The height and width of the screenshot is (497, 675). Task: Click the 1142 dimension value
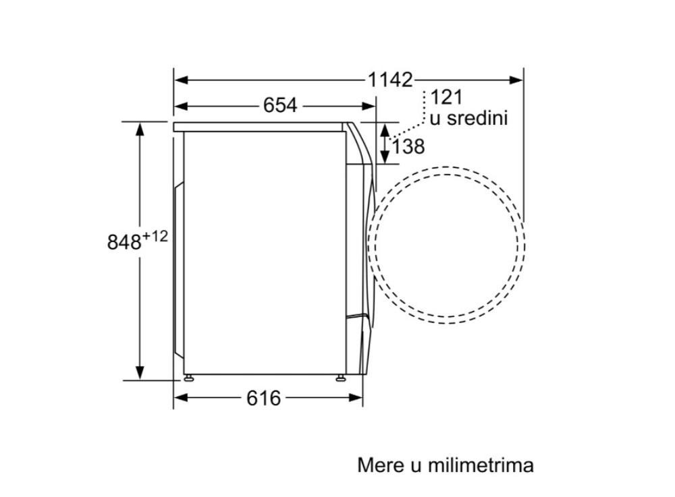(390, 80)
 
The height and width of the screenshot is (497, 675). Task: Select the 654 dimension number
(280, 105)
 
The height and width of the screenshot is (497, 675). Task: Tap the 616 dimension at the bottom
(263, 398)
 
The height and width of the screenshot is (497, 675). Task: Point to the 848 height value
(124, 242)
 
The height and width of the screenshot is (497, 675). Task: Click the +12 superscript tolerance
(155, 236)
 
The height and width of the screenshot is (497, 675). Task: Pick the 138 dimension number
(408, 146)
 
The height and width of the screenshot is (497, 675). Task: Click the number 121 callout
(446, 97)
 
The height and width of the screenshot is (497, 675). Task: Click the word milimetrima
(481, 465)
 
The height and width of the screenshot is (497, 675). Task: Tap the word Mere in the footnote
(381, 465)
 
